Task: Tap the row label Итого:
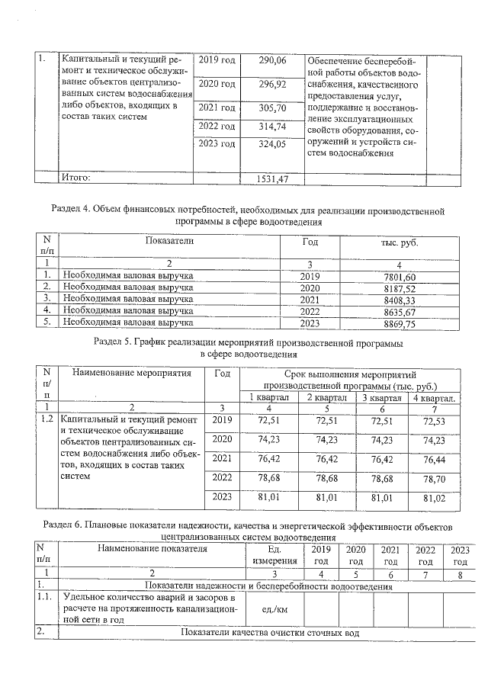tap(76, 178)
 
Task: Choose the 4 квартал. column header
tap(435, 397)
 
